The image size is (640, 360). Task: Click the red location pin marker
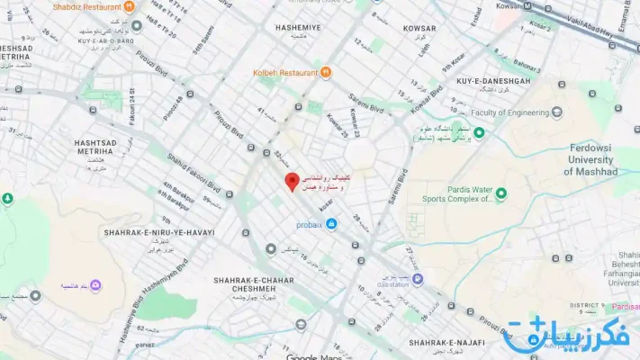coord(292,181)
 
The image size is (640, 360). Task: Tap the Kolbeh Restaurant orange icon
coord(325,72)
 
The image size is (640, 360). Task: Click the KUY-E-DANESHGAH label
coord(493,82)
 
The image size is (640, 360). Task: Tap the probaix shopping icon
coord(332,223)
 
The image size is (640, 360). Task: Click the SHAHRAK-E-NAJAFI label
coord(447,343)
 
